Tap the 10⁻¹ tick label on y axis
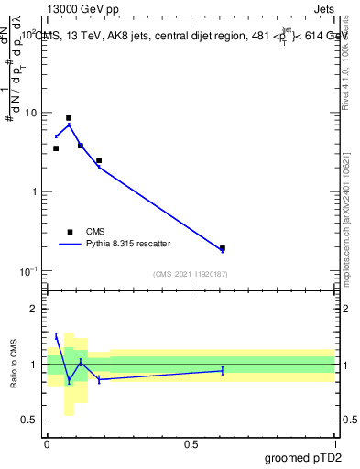[x=30, y=271]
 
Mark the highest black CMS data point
[x=69, y=118]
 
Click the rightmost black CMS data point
[x=223, y=248]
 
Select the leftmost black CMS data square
[x=56, y=148]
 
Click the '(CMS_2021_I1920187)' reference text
[x=191, y=274]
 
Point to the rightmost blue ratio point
[x=223, y=370]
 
